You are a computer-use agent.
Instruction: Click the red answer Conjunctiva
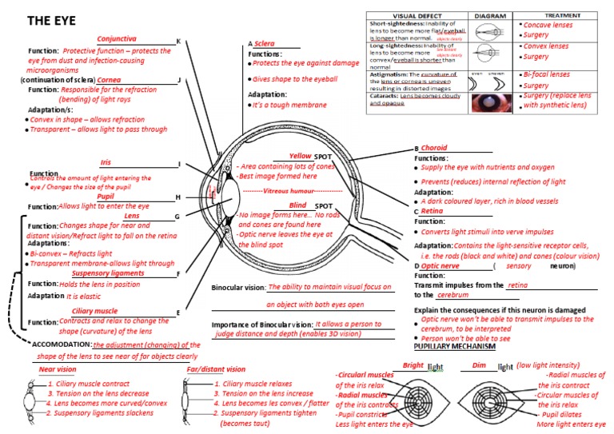coord(117,38)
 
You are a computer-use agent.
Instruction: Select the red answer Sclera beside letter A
coord(265,43)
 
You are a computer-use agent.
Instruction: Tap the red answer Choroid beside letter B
coord(434,148)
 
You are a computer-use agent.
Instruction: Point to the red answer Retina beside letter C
coord(433,211)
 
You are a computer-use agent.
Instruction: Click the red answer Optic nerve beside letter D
coord(441,265)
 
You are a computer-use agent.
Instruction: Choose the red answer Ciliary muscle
coord(94,310)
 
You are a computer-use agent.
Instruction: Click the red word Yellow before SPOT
coord(300,156)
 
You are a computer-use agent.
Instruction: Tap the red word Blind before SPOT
coord(297,205)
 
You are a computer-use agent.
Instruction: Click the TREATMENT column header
coord(563,15)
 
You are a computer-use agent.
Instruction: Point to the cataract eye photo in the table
coord(485,102)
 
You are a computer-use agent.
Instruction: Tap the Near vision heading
coord(58,369)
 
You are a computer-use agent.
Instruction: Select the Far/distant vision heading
coord(216,369)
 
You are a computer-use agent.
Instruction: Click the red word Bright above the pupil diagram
coord(413,365)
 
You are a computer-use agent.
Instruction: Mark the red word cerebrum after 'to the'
coord(453,295)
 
